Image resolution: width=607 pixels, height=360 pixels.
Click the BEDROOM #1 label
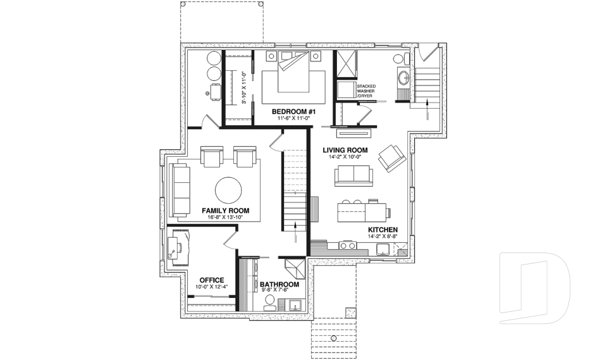pyautogui.click(x=293, y=111)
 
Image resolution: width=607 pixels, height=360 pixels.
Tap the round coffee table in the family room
pyautogui.click(x=229, y=189)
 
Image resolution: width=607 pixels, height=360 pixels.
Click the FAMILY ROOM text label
pyautogui.click(x=225, y=210)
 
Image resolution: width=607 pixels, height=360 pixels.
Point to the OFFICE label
pyautogui.click(x=212, y=280)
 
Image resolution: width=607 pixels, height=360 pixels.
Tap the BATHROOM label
pyautogui.click(x=279, y=284)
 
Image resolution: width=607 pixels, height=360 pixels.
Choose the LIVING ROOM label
pyautogui.click(x=345, y=150)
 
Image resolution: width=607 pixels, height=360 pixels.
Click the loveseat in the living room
pyautogui.click(x=353, y=175)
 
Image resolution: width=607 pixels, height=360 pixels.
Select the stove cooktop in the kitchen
pyautogui.click(x=348, y=244)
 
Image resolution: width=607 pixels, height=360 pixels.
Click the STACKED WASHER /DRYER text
pyautogui.click(x=366, y=91)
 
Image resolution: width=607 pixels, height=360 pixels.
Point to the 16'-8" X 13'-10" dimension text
pyautogui.click(x=225, y=218)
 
